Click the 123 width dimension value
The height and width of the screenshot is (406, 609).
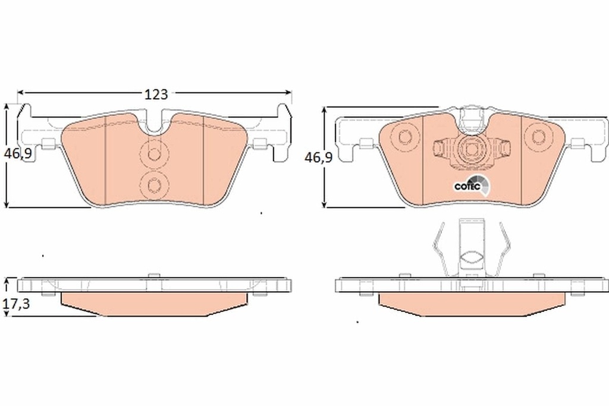click(155, 93)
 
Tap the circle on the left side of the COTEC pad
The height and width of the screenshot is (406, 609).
click(406, 137)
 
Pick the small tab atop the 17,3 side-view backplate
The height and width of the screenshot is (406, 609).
click(153, 275)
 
